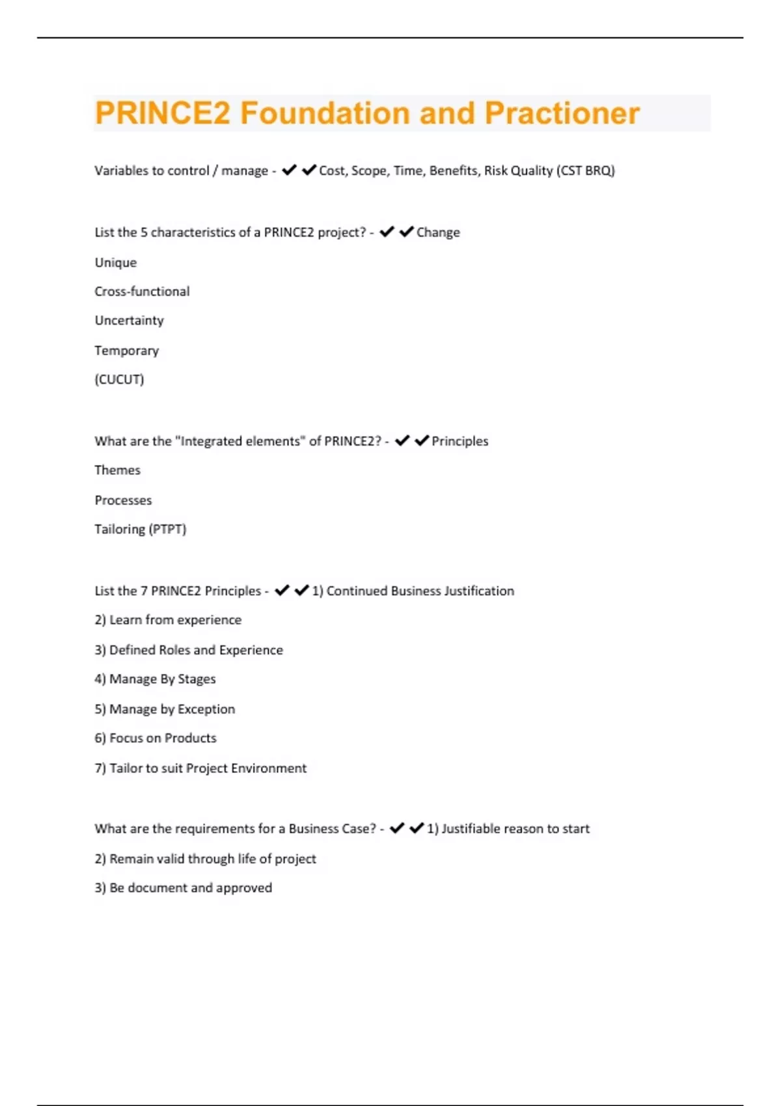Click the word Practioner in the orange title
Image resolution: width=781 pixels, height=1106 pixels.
(562, 113)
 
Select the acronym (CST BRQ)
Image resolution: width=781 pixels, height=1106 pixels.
(586, 170)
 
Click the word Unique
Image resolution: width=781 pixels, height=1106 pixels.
(116, 263)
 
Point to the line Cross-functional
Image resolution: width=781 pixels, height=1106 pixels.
(142, 291)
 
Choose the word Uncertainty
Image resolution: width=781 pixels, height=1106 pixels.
(129, 321)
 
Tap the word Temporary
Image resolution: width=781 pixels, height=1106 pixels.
(126, 351)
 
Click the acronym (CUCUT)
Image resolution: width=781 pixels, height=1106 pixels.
(119, 379)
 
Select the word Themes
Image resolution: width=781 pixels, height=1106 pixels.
(117, 470)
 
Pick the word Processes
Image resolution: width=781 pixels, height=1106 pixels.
(123, 500)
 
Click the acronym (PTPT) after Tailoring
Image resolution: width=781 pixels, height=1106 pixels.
(168, 530)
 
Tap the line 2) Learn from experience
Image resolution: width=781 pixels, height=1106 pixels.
(168, 620)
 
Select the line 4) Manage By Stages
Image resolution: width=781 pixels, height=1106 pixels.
(155, 679)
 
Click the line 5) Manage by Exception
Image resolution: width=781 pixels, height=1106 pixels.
(165, 709)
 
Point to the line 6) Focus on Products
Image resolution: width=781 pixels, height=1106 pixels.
(155, 738)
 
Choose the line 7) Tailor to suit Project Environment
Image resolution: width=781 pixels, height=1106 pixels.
(200, 768)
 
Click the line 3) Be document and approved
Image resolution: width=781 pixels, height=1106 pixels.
(183, 888)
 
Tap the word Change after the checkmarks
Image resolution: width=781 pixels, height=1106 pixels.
(438, 232)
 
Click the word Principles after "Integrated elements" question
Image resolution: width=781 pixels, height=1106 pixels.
(459, 441)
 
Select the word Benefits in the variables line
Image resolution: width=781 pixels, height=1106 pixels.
(453, 170)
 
